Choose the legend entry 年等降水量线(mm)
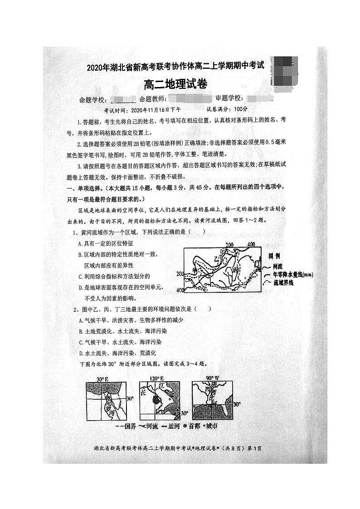tap(292, 275)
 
